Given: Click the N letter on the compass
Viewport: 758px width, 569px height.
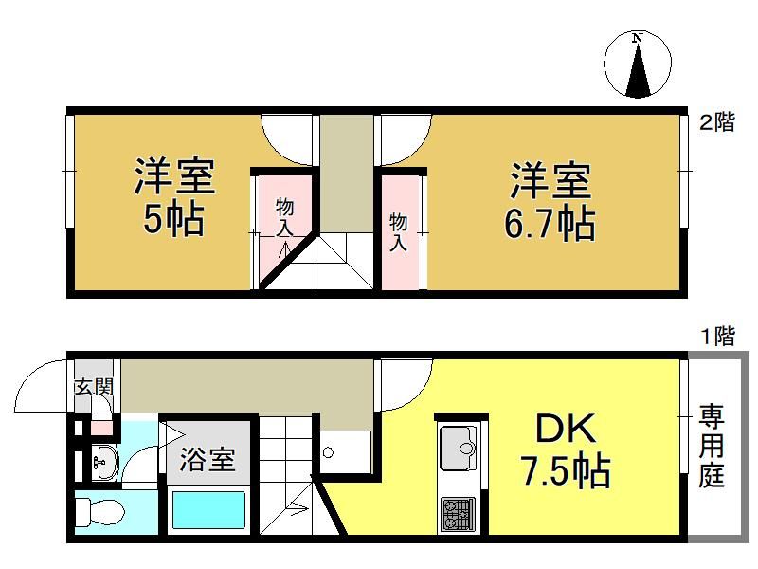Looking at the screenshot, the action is coord(638,37).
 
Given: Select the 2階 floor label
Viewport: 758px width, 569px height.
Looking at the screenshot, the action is coord(717,121).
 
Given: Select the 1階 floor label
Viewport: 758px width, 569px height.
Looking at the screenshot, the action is coord(717,336).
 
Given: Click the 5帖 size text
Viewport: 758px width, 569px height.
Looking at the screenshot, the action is coord(173,219).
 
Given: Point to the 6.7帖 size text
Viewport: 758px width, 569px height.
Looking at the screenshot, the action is coord(550,224).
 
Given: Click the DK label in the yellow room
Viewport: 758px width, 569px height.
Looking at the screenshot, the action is coord(565,429).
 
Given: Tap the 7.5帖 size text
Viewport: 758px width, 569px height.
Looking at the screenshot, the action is coord(565,469).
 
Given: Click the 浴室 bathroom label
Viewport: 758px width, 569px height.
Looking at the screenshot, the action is coord(208,459).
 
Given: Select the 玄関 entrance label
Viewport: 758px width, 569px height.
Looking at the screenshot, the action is coord(94,387).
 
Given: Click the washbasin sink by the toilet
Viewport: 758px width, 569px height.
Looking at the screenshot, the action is coord(104,462).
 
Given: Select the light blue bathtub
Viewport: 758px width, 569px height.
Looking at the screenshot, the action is coord(208,510).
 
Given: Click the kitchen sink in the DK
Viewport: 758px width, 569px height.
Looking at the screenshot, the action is coord(458,448).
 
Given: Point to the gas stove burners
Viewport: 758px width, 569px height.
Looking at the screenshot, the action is coord(458,515).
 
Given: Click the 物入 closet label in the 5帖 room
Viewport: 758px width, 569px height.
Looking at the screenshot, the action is coord(285,218).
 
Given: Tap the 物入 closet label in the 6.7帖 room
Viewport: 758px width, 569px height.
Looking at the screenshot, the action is coord(398,232).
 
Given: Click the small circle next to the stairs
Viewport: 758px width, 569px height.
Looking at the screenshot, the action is coord(328,453).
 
